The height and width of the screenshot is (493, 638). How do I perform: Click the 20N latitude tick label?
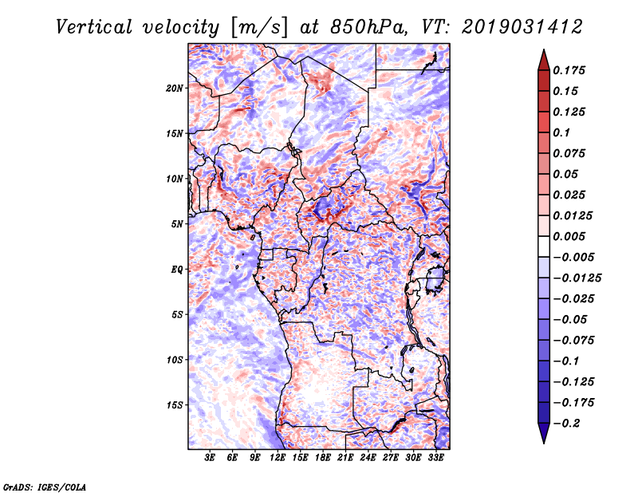point(175,89)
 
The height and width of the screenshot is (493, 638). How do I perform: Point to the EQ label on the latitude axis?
point(177,270)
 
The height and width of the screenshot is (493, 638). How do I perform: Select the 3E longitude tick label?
point(210,457)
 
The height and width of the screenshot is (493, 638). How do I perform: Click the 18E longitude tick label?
point(323,457)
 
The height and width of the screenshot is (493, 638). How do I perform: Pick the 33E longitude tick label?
point(435,457)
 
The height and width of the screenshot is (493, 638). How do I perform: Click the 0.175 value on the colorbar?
point(569,70)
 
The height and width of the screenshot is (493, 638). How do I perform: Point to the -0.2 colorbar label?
point(566,424)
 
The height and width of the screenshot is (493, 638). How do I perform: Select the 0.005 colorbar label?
point(569,236)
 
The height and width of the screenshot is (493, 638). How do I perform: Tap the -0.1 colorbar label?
point(566,361)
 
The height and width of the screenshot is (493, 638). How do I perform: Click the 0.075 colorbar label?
point(569,153)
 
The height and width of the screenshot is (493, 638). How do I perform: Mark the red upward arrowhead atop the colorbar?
point(544,60)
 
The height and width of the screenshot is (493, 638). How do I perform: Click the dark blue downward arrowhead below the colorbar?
point(544,433)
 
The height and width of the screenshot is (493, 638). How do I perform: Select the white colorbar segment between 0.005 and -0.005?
point(544,246)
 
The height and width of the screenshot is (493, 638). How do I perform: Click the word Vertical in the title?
point(94,27)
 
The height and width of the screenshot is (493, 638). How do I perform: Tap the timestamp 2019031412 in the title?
point(522,27)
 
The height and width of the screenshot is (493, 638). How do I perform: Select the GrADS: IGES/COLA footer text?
point(45,487)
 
